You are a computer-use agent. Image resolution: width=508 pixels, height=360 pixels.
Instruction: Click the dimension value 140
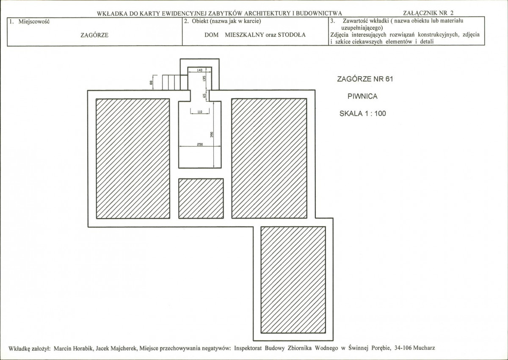(199, 70)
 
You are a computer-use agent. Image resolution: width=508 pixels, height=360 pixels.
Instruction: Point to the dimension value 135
(204, 79)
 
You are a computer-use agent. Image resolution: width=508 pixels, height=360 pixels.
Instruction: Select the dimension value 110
(200, 112)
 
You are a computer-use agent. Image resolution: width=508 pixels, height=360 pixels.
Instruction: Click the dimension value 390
(212, 135)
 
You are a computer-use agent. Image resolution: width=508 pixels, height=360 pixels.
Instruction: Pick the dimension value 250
(200, 144)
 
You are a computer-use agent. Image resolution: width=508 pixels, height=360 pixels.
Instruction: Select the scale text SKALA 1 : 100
(363, 114)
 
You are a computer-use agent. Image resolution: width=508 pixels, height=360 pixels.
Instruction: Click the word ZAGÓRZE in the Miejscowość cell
(94, 36)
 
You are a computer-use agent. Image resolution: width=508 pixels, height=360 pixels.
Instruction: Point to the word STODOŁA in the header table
(291, 35)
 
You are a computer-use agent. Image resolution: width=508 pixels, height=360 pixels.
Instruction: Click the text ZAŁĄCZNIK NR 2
(428, 13)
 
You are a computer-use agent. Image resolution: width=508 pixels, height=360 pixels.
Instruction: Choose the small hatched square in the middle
(201, 199)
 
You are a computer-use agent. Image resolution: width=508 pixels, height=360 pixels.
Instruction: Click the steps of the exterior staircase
(175, 82)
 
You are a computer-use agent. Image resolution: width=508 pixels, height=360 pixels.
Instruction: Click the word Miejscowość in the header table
(34, 22)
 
